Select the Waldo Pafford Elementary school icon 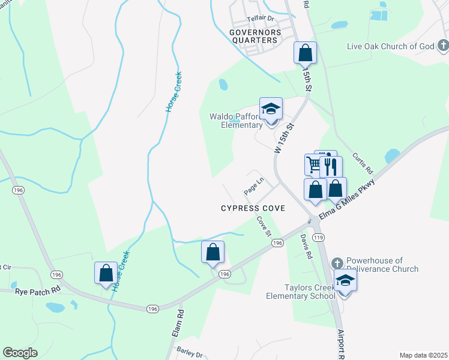click(x=271, y=109)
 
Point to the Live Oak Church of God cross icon click(x=442, y=46)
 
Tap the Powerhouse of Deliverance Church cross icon click(x=337, y=263)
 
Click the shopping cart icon click(x=314, y=164)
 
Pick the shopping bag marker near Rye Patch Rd click(x=106, y=272)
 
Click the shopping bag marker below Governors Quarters click(x=305, y=53)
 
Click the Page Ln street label click(x=254, y=186)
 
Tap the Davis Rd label click(x=306, y=246)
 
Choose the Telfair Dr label click(x=260, y=19)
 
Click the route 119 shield click(x=319, y=238)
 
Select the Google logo click(x=20, y=353)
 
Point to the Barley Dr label click(x=190, y=353)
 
